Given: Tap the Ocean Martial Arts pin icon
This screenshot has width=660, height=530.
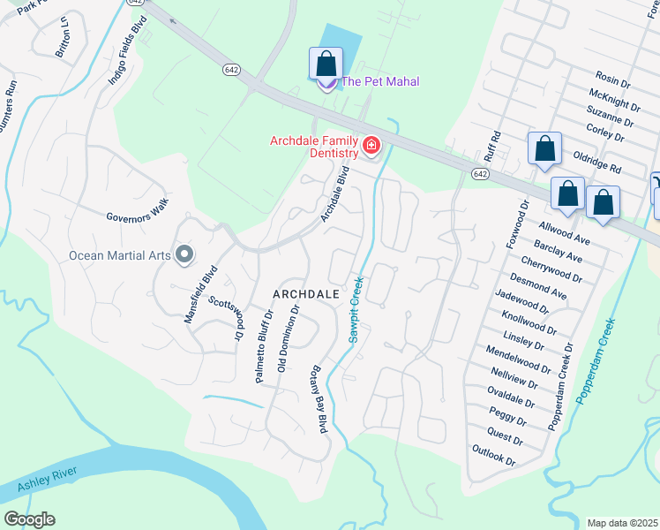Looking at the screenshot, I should (184, 255).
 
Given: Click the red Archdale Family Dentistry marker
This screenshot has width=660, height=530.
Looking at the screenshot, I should (371, 146).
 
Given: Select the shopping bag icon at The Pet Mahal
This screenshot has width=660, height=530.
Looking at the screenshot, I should (326, 64).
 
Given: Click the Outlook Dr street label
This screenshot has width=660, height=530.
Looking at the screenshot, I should (493, 457).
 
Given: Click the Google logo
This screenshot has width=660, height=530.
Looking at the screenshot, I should (29, 519).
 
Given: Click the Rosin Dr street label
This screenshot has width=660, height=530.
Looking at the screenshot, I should (613, 79).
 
